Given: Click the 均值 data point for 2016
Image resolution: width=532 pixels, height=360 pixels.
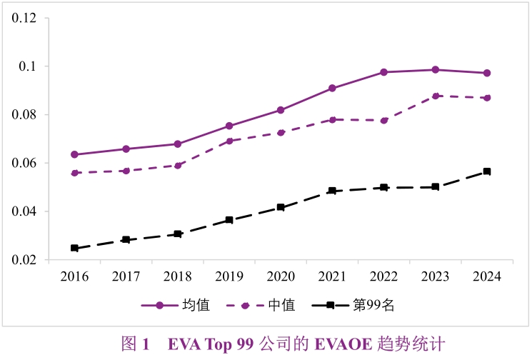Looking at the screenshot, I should (x=74, y=154).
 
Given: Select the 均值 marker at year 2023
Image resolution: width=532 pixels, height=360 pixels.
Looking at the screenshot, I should (x=436, y=69).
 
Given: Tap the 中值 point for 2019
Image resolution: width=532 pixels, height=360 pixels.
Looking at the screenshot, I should (x=229, y=141).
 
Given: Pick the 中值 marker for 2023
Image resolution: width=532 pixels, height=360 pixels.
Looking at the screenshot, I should (x=436, y=96).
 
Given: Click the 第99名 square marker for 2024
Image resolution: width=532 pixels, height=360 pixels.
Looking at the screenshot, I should (x=487, y=171).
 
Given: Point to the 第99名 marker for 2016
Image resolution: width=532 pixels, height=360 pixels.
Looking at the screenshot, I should (x=74, y=248).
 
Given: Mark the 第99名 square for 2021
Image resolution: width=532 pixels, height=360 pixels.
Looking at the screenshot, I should (x=332, y=191).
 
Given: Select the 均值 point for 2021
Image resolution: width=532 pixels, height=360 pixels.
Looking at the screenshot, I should (x=332, y=88).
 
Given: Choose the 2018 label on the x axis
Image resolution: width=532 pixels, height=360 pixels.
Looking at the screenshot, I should (x=178, y=276).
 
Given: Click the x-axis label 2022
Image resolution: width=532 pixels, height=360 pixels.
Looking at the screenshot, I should (x=384, y=276).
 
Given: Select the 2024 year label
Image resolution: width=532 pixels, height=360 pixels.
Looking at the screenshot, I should (x=487, y=276).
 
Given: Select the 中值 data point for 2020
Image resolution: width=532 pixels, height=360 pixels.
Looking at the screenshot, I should (x=281, y=133).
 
